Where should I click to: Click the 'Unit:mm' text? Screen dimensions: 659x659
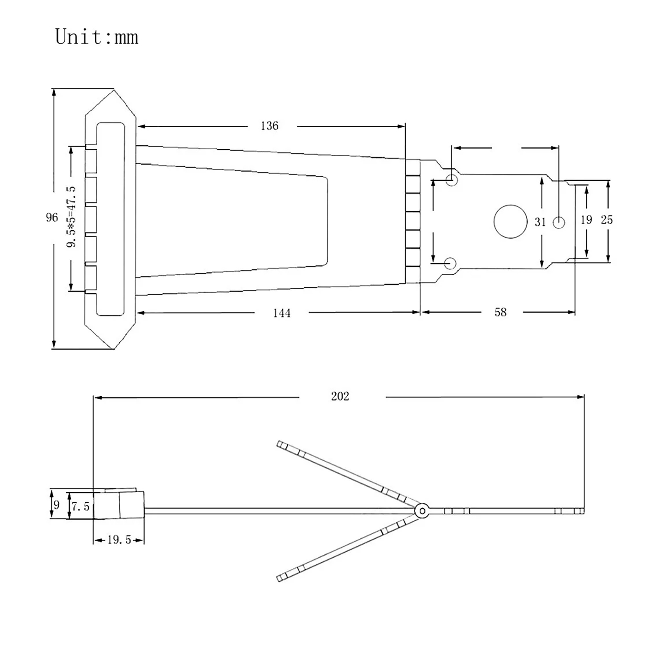point(97,37)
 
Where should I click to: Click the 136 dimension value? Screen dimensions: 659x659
point(269,126)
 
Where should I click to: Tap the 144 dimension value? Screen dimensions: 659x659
point(282,313)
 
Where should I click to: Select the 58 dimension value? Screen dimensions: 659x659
point(500,312)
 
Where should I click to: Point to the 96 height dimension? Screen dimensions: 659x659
point(52,217)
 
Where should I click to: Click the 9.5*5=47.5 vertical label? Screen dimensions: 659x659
point(71,217)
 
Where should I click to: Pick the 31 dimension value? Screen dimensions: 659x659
point(540,222)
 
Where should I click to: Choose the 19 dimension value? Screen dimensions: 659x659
point(586,220)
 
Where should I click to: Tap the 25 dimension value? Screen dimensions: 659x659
point(606,220)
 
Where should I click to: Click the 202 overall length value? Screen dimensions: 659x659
point(340,396)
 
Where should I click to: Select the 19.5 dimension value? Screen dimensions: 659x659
point(119,540)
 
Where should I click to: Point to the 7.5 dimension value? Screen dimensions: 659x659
point(80,506)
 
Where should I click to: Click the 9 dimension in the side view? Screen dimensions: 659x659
point(56,505)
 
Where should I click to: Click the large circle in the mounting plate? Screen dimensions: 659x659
point(510,222)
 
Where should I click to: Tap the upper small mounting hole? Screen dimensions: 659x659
point(451,180)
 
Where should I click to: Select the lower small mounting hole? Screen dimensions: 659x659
point(451,263)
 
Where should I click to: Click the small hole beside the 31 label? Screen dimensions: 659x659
point(559,222)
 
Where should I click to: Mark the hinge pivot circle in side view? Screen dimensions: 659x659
point(422,511)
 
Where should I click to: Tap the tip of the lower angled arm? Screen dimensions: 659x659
point(280,577)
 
